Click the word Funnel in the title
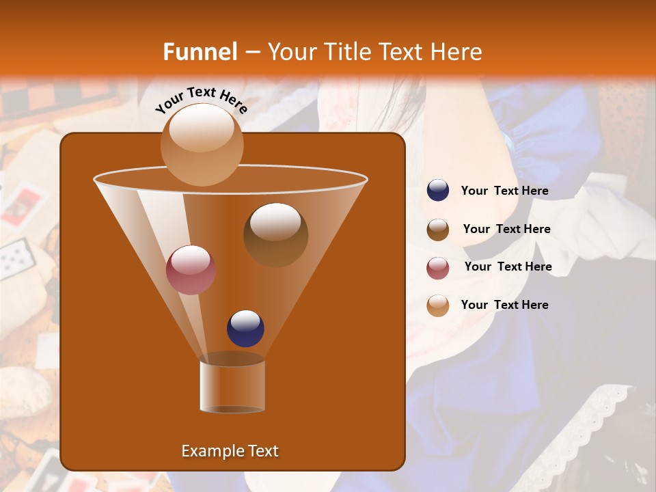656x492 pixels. [x=200, y=52]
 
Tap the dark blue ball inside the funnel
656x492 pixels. [x=246, y=328]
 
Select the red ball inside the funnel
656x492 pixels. [x=191, y=270]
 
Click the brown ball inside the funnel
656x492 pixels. [x=275, y=234]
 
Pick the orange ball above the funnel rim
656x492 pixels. [x=202, y=143]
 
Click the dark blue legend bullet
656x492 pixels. [x=438, y=191]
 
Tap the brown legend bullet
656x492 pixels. [x=438, y=230]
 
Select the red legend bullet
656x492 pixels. [x=438, y=267]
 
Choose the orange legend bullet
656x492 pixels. [x=438, y=305]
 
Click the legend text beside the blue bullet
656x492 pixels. [x=504, y=191]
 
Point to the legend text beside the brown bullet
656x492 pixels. [x=506, y=230]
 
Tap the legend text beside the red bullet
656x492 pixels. [x=508, y=267]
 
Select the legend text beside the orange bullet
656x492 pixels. [x=504, y=305]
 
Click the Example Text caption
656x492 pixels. [x=230, y=451]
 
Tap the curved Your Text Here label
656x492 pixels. [x=202, y=100]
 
